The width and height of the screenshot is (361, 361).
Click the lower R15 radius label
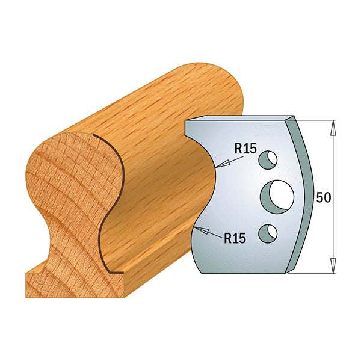[235, 238]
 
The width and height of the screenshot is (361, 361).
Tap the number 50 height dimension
[324, 198]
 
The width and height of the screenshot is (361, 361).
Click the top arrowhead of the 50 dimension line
[333, 125]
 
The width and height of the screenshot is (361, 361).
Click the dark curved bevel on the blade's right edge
[308, 193]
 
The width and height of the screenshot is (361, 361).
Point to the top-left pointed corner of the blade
[185, 122]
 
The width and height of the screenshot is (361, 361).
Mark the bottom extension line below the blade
[313, 273]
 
